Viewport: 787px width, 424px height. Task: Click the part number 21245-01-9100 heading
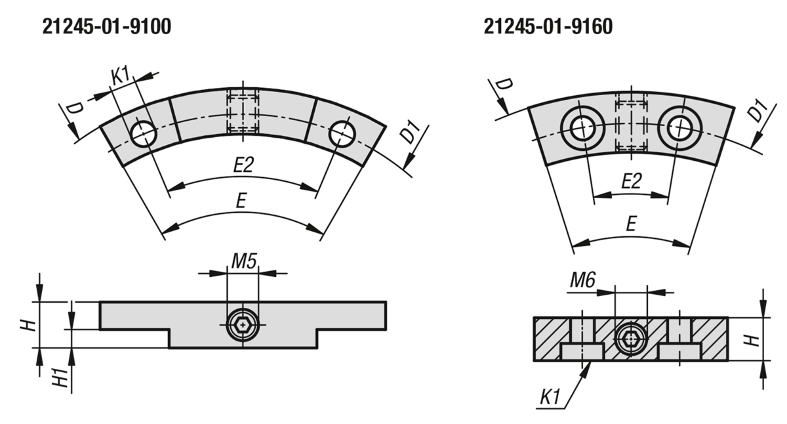(107, 27)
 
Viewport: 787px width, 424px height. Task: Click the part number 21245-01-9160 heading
(548, 27)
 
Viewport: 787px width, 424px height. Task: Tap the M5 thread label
(244, 261)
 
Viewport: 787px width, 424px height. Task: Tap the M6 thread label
(582, 280)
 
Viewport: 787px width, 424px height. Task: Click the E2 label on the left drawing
(243, 165)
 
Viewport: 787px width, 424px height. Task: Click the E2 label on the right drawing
(632, 181)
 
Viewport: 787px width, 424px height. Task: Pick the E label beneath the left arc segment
(241, 201)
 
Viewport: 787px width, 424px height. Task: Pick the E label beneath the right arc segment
(632, 223)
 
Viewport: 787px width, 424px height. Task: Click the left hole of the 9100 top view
(144, 134)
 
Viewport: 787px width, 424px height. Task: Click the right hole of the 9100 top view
(342, 134)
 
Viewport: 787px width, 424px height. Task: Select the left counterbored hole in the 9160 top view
(582, 128)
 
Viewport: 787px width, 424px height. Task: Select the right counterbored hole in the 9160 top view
(680, 128)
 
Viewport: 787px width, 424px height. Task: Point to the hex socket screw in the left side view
(243, 325)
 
